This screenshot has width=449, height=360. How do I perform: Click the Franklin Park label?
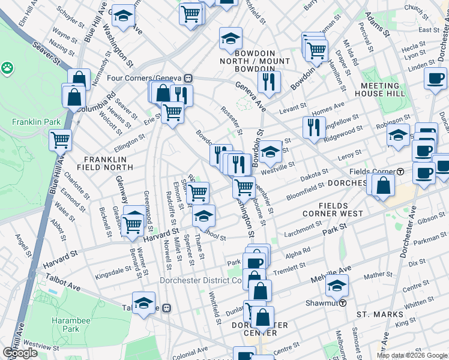(36, 122)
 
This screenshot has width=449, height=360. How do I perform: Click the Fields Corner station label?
(381, 172)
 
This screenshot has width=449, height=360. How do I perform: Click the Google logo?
(20, 353)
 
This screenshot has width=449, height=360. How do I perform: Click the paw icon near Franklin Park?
(8, 68)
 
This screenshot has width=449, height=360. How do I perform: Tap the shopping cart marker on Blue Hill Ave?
(61, 140)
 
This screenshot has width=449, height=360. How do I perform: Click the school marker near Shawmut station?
(338, 285)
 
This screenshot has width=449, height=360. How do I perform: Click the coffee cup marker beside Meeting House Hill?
(435, 78)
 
